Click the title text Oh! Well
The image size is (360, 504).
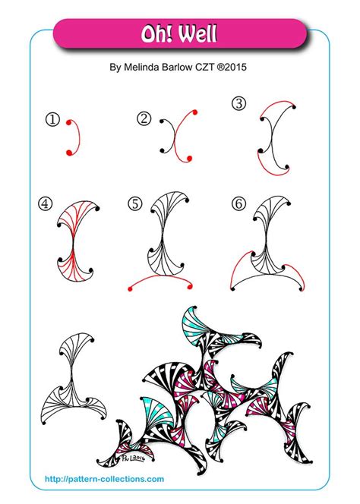click(180, 35)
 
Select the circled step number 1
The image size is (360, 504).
click(52, 119)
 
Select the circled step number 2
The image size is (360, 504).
click(144, 118)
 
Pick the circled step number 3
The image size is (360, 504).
click(239, 104)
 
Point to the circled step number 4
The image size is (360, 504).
click(46, 203)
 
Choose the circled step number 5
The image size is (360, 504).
click(135, 203)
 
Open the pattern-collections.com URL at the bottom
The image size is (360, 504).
click(104, 479)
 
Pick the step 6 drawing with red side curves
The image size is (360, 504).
click(266, 243)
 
